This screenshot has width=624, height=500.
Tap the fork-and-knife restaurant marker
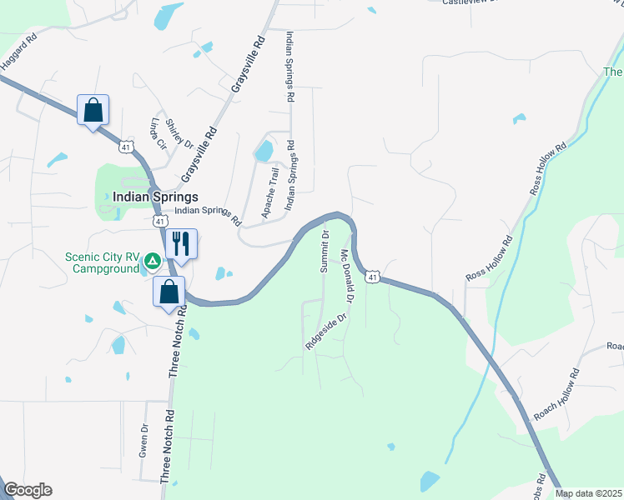(x=181, y=243)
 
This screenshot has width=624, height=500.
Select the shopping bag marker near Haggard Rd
(x=93, y=109)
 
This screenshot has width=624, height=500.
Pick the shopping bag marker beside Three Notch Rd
(x=169, y=292)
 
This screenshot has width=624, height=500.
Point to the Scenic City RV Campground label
(x=102, y=263)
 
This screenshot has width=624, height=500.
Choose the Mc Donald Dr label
(x=349, y=276)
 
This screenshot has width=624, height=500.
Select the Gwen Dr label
(x=144, y=441)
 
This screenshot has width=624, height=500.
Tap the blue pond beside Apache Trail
(x=264, y=152)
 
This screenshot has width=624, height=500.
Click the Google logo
(x=28, y=490)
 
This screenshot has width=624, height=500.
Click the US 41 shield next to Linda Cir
(x=123, y=147)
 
